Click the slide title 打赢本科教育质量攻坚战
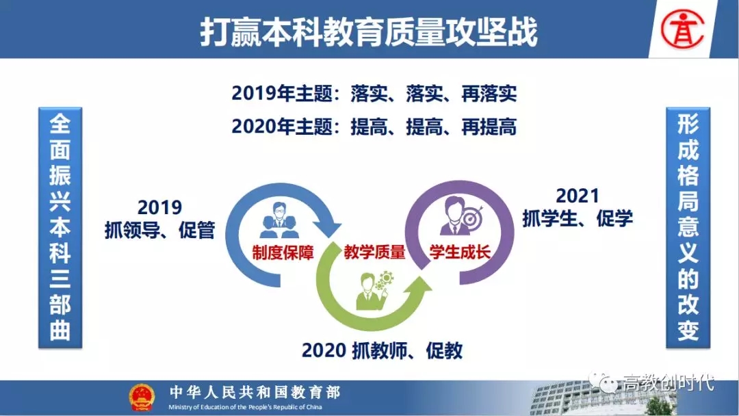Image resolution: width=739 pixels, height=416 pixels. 369,32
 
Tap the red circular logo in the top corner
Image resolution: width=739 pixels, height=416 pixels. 682,29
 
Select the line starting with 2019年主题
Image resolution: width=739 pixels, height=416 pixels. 374,94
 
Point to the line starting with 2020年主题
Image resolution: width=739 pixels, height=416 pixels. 374,127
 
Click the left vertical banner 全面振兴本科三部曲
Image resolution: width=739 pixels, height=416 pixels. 60,228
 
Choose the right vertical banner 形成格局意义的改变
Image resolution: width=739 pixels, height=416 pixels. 688,228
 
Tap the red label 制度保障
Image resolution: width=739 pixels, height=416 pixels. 283,253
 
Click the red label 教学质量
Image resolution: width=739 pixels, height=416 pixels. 375,252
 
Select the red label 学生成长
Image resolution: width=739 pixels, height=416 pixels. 460,252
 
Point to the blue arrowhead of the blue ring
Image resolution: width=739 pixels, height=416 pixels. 328,228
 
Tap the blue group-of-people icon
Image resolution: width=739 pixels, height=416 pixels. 279,220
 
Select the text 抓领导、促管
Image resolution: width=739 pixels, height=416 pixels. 159,230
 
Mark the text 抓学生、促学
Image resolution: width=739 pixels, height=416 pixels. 578,218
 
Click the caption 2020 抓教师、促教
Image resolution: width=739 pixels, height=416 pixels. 383,350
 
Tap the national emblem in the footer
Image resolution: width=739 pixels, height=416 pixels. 142,397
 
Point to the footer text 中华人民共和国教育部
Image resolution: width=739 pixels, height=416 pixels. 255,392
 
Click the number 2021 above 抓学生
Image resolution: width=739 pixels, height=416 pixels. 578,196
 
